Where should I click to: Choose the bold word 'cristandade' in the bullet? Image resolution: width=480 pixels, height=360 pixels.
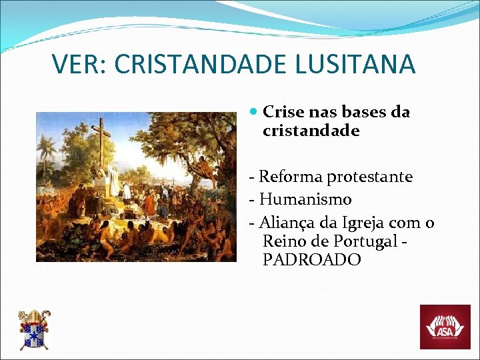311,131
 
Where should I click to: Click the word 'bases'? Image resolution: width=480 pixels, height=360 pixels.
360,113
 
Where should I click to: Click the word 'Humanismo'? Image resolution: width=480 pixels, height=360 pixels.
305,199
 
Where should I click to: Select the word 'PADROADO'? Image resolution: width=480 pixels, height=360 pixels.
311,259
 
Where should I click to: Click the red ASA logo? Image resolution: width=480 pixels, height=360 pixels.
444,327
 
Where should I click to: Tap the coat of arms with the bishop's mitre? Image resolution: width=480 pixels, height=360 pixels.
33,330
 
